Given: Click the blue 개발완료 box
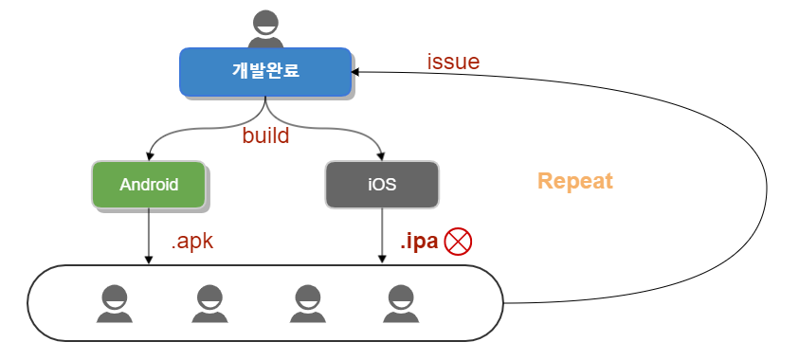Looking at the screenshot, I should (x=265, y=72).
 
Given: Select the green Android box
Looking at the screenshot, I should (x=149, y=185).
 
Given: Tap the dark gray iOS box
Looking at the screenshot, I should (x=382, y=185).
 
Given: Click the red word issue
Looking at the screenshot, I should (x=453, y=63).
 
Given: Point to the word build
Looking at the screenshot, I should (x=265, y=135).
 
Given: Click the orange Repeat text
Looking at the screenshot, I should (x=575, y=181).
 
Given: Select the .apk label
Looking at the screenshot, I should (x=192, y=242).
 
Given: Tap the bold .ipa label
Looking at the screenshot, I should (x=417, y=242).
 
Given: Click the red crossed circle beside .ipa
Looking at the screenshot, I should (x=458, y=242).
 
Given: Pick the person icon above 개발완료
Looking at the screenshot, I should (x=265, y=29).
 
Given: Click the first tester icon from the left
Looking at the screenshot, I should (x=115, y=303).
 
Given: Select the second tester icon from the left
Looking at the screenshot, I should (x=211, y=303).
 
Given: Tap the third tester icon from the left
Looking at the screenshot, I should (x=304, y=303).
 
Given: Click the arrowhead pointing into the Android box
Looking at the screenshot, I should (x=149, y=156).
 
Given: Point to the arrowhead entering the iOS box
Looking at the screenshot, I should (x=382, y=156).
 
